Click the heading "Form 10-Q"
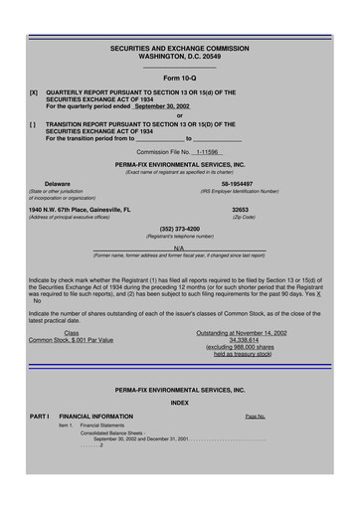coord(180,78)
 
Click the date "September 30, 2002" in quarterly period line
coord(162,105)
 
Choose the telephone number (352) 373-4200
coord(180,229)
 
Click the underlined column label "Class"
coord(72,332)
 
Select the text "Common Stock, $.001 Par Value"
coord(71,340)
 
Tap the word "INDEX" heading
coord(179,403)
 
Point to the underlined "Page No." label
coord(255,417)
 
